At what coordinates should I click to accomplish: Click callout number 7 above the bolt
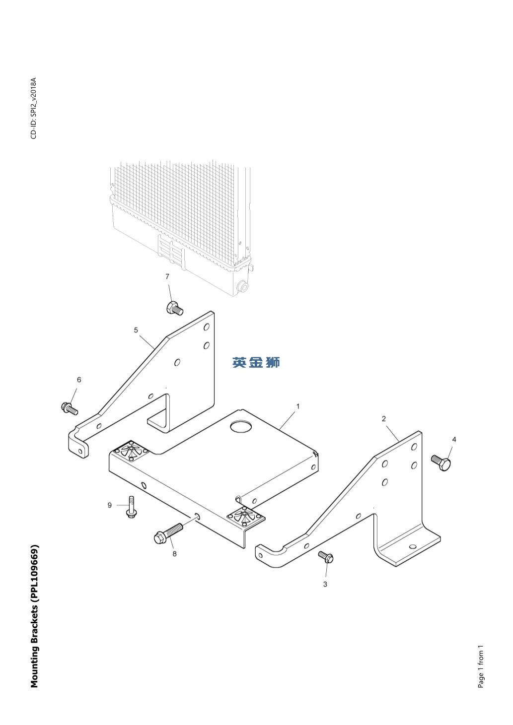click(167, 277)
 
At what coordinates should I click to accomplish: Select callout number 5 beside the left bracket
click(136, 330)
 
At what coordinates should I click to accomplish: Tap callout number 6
click(79, 380)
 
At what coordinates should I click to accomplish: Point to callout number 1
click(298, 406)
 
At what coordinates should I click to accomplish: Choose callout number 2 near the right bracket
click(384, 419)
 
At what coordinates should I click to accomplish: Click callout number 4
click(454, 440)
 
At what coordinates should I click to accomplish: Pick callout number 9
click(109, 505)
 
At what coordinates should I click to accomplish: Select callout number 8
click(175, 554)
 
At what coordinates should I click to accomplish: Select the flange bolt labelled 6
click(70, 408)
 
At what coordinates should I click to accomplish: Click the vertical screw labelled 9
click(131, 507)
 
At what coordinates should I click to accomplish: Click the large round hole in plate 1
click(241, 427)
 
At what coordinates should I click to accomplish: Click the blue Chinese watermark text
click(256, 362)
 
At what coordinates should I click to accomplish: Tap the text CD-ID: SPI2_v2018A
click(34, 108)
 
